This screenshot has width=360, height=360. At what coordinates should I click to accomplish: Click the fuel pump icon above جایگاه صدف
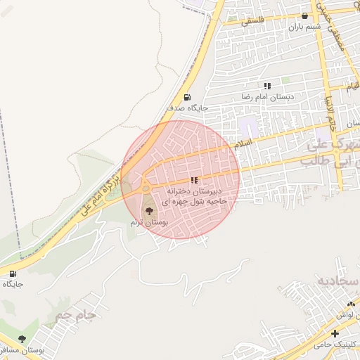coord(186,97)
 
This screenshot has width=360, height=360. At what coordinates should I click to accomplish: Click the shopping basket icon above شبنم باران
coord(304,16)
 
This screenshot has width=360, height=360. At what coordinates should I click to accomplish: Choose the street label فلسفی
coord(254,22)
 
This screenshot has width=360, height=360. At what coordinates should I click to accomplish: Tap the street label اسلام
coord(245,142)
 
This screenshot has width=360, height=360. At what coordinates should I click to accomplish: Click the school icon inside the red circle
coord(194,180)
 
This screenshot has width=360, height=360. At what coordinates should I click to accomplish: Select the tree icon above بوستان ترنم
coord(149,211)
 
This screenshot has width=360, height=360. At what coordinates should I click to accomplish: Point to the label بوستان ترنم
coord(149,221)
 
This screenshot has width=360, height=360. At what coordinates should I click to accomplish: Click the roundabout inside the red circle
coord(144,188)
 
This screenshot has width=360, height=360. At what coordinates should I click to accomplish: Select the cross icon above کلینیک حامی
coord(335,333)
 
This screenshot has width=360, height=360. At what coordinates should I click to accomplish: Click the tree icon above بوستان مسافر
coord(22,339)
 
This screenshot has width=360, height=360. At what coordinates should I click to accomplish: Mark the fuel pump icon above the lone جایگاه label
coord(13,274)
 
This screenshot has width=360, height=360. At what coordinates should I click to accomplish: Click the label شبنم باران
coord(305,27)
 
